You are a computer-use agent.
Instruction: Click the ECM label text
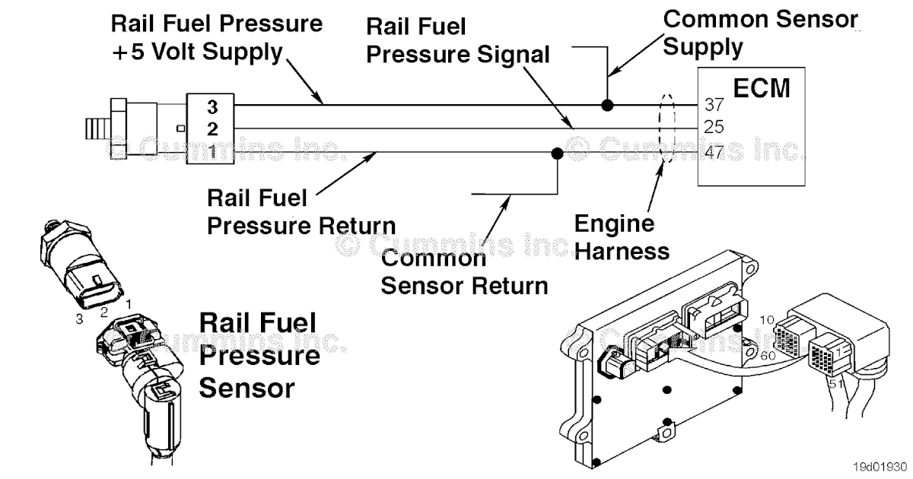(762, 88)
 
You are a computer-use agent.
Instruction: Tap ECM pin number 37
(714, 105)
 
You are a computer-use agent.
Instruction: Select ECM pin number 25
(714, 127)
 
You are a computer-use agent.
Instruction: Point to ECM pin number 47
(714, 152)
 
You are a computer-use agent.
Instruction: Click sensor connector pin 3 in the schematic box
(212, 107)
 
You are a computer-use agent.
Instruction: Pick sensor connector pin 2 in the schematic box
(212, 129)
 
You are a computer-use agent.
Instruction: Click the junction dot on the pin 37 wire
(607, 106)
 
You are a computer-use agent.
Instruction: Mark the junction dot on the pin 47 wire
(557, 154)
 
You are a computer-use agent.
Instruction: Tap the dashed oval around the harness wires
(660, 128)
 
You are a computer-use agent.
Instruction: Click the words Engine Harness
(622, 237)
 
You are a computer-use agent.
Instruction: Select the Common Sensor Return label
(465, 271)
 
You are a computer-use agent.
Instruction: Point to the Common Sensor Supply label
(761, 33)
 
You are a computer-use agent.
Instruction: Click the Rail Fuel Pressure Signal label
(458, 40)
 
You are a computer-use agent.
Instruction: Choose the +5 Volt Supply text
(197, 52)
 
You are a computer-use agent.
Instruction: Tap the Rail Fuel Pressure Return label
(301, 212)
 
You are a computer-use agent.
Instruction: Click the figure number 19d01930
(880, 467)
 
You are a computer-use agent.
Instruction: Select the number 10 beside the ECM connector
(767, 320)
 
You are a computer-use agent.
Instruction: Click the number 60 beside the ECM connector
(768, 356)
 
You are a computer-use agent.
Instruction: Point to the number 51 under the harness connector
(835, 383)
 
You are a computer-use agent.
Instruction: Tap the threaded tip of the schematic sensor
(98, 128)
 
